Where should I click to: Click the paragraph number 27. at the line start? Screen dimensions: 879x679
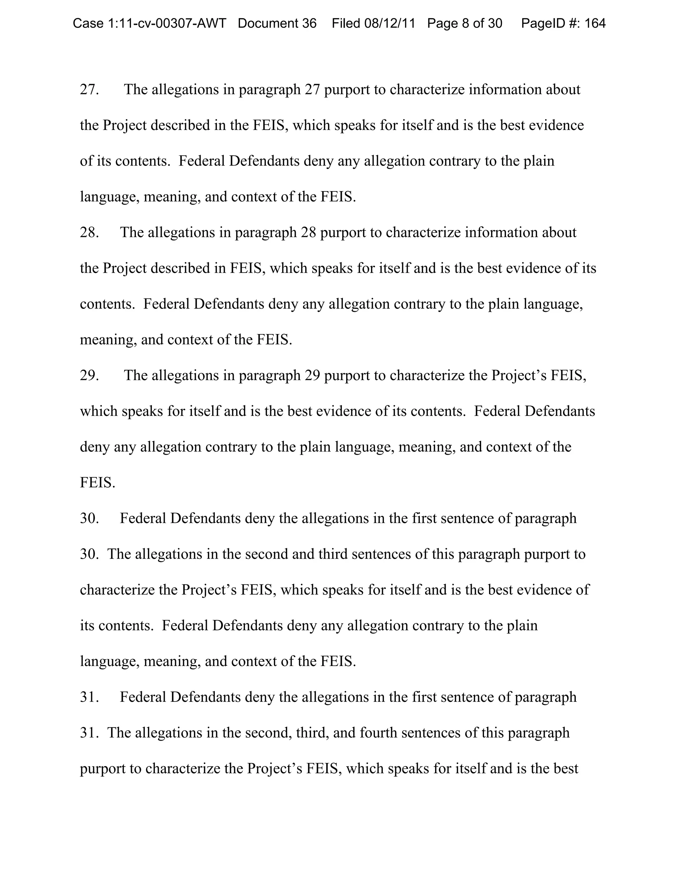(89, 89)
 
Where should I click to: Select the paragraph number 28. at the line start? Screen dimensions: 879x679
(89, 232)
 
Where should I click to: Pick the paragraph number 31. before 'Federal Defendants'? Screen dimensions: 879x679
(89, 697)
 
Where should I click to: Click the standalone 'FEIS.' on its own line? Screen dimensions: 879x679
(97, 482)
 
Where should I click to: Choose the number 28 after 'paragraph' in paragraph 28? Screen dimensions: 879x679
(308, 232)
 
